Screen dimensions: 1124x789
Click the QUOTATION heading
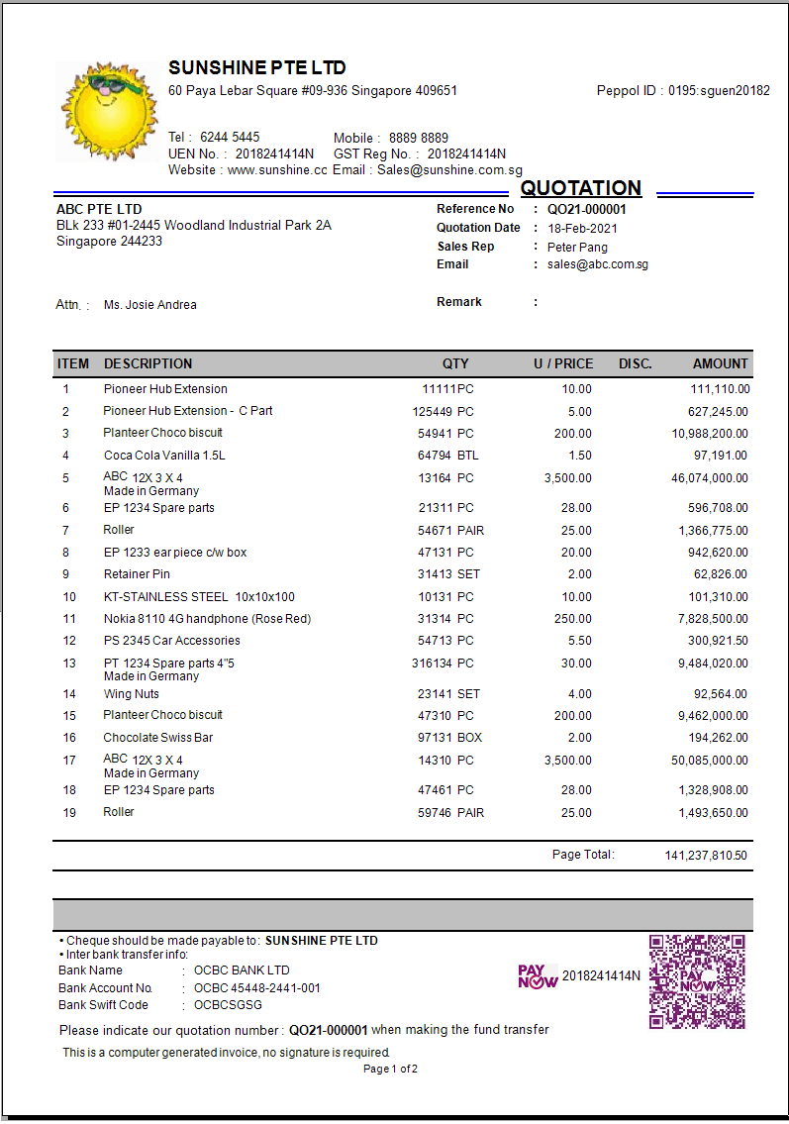[581, 188]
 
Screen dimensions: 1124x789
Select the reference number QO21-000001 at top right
[586, 209]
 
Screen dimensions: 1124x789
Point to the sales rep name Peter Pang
[577, 247]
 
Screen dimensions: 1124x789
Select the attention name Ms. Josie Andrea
[149, 305]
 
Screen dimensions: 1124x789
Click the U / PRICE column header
[563, 363]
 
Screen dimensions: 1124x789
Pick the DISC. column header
[636, 363]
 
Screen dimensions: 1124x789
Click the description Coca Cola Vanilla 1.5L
[164, 456]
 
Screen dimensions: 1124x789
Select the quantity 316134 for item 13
[433, 664]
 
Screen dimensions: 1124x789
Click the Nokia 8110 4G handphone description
[207, 619]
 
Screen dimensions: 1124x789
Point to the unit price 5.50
[577, 641]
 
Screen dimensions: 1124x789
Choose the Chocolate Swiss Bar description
[158, 738]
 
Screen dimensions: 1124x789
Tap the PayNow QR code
[697, 981]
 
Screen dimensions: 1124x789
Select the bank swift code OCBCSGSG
[228, 1005]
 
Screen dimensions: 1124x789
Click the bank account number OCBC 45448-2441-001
[257, 987]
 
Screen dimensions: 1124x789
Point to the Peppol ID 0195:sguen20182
[719, 91]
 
